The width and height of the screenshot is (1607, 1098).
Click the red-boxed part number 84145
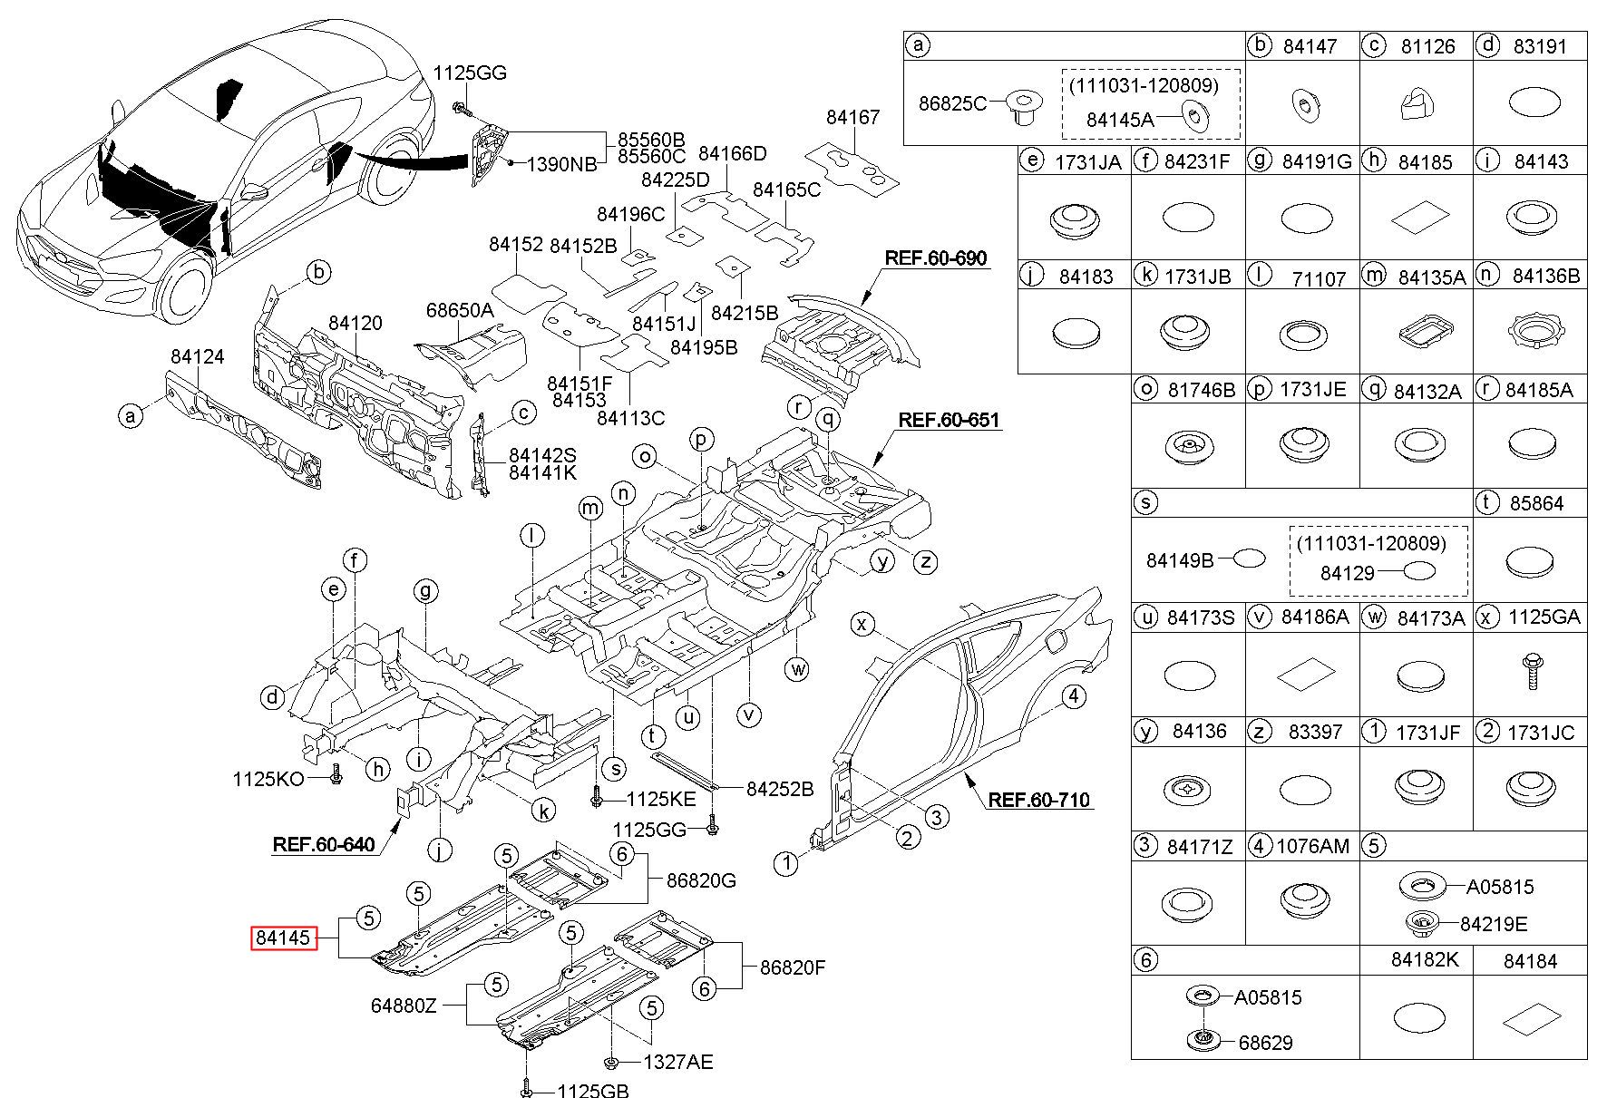tap(283, 938)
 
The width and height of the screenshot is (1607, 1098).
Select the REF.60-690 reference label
tap(935, 257)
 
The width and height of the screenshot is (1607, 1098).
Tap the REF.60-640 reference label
tap(323, 845)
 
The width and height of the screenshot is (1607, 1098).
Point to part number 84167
tap(852, 117)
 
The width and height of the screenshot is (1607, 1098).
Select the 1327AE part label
tap(677, 1062)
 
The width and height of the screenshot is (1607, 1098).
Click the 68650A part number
tap(460, 310)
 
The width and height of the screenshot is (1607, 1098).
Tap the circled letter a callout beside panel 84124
tap(131, 416)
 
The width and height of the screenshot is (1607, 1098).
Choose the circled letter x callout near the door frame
tap(863, 623)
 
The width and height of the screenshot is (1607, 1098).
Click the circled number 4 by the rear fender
tap(1074, 696)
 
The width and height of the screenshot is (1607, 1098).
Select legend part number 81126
tap(1427, 46)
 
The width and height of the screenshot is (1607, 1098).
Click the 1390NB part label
tap(562, 164)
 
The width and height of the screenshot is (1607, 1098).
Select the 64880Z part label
tap(404, 1005)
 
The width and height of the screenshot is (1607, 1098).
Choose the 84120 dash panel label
tap(355, 323)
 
